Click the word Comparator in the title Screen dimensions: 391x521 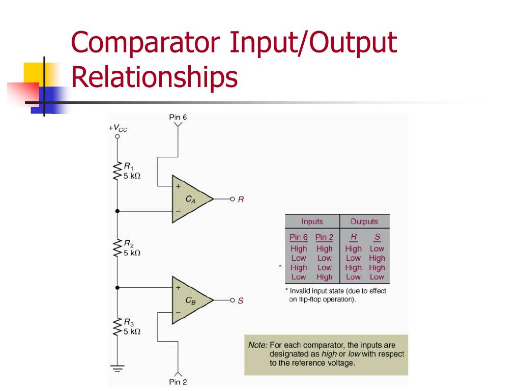[146, 43]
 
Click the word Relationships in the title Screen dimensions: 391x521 [154, 77]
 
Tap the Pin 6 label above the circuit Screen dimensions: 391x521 [178, 118]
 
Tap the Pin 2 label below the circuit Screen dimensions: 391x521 [178, 382]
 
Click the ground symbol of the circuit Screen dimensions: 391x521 [118, 368]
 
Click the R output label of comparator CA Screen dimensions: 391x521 [241, 199]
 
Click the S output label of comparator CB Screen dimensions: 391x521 [241, 301]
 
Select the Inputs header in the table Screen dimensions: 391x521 [312, 221]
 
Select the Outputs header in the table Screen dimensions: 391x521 [364, 221]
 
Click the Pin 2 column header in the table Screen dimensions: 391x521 [324, 237]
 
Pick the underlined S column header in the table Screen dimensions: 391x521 [377, 237]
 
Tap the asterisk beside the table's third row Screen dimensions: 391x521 [280, 266]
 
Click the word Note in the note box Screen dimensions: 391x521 [257, 345]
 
